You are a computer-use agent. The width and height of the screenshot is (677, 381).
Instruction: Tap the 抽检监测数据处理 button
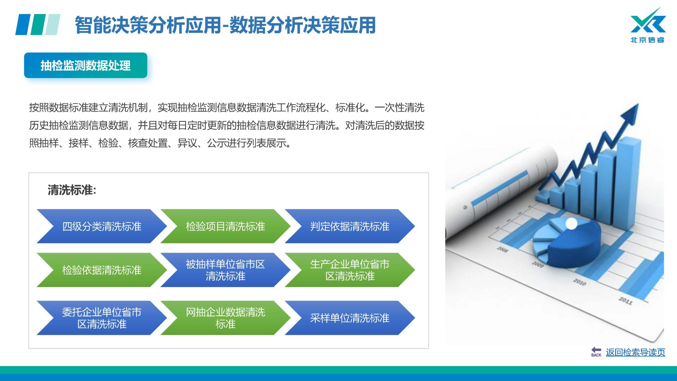pos(86,65)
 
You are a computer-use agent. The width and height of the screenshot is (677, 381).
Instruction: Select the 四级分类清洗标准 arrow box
pos(102,226)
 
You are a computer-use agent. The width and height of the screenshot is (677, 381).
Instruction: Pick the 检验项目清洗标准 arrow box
pos(225,226)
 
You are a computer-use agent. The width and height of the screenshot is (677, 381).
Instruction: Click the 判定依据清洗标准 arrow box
pos(350,226)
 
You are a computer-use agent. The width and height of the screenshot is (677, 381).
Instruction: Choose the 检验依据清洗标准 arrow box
pos(102,270)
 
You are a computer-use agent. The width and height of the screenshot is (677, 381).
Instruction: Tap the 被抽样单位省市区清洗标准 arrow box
pos(225,270)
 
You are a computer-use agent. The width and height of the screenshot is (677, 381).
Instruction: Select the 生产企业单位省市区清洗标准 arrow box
pos(350,270)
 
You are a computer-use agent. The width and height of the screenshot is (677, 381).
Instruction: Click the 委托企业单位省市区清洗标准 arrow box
pos(102,318)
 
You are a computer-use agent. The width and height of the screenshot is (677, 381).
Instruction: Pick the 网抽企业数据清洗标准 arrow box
pos(225,318)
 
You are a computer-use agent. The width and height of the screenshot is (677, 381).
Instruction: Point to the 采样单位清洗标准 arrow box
pos(350,318)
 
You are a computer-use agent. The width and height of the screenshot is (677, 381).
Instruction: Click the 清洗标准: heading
pos(72,190)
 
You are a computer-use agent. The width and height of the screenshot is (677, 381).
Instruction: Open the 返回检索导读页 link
pos(635,352)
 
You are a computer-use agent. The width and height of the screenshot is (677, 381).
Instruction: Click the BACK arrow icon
pos(596,352)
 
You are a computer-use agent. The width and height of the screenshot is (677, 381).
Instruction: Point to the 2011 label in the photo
pos(626,301)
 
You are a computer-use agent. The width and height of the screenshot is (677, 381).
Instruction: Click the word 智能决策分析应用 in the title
pos(148,25)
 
